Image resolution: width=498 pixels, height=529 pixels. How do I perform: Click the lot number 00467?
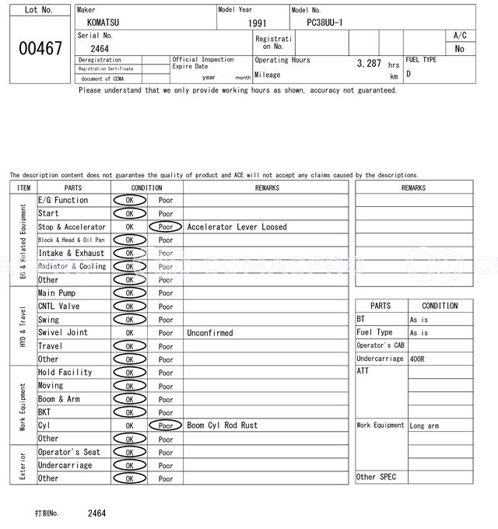pos(40,48)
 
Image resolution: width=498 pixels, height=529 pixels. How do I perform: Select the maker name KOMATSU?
pos(104,23)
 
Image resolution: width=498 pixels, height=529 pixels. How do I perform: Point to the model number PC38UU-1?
pos(320,23)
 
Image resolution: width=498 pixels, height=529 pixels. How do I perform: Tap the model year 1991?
pos(257,23)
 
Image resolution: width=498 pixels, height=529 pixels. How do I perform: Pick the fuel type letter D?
pos(409,74)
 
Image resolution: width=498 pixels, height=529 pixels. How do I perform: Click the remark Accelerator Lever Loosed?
pos(237,227)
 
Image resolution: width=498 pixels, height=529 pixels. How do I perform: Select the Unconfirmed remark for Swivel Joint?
pos(209,333)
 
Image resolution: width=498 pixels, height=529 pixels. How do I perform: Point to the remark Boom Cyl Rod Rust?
pos(222,426)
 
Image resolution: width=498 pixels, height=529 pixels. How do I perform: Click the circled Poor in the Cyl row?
pos(166,426)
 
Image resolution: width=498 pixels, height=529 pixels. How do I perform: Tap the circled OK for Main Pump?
pos(129,293)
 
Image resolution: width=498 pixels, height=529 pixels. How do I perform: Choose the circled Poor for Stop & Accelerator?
pos(166,227)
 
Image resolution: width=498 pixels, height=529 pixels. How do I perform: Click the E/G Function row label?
pos(63,200)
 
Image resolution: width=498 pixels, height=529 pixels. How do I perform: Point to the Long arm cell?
pos(424,426)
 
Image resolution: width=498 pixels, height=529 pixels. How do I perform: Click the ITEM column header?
pos(23,187)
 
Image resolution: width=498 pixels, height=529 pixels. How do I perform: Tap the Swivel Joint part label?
pos(63,332)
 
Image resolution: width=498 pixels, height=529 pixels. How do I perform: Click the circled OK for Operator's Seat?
pos(129,452)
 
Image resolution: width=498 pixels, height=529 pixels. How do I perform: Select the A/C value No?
pos(459,49)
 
